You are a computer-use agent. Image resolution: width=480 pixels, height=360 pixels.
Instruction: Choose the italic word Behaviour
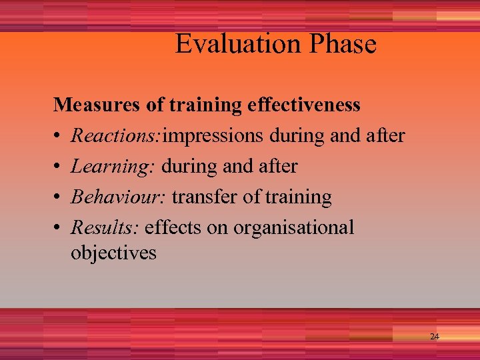[x=119, y=197]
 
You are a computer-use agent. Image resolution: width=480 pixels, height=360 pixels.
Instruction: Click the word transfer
[x=205, y=197]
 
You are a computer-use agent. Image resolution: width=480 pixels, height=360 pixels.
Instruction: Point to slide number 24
[x=434, y=337]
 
